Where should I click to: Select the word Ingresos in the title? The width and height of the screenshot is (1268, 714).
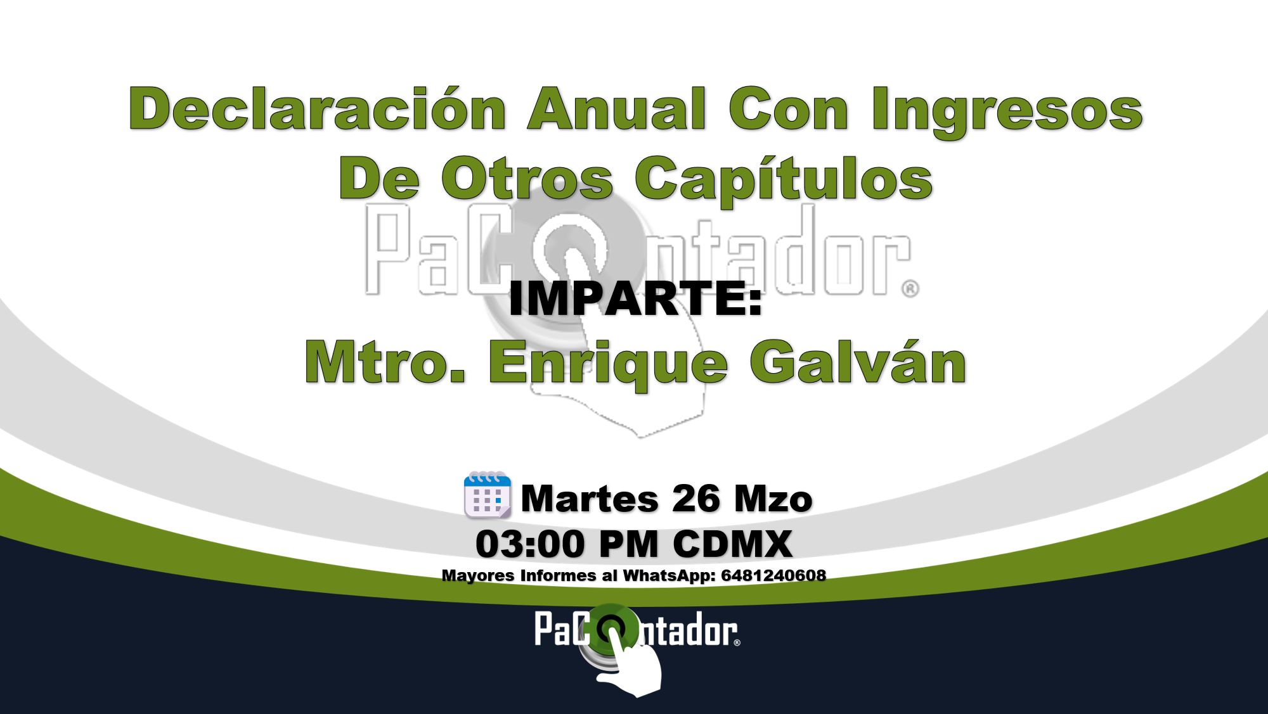pyautogui.click(x=1007, y=112)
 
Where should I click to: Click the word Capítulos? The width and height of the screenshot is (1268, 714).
pyautogui.click(x=784, y=181)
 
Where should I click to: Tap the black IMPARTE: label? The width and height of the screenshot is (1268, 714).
pyautogui.click(x=635, y=298)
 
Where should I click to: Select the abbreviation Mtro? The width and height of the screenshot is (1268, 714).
pyautogui.click(x=385, y=362)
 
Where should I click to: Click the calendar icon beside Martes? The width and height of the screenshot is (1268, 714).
pyautogui.click(x=488, y=495)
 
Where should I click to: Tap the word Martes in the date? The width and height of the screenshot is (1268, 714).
pyautogui.click(x=590, y=499)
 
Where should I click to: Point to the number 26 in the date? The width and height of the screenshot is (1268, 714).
pyautogui.click(x=696, y=499)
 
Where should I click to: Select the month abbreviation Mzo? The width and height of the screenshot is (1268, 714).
pyautogui.click(x=773, y=499)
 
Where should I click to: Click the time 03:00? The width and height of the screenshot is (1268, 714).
pyautogui.click(x=530, y=544)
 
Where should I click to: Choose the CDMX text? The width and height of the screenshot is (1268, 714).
pyautogui.click(x=732, y=544)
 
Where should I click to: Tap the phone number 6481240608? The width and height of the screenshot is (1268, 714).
pyautogui.click(x=773, y=575)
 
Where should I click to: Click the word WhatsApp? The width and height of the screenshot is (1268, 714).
pyautogui.click(x=670, y=576)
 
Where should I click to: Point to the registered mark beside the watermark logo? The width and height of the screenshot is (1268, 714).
pyautogui.click(x=910, y=289)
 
